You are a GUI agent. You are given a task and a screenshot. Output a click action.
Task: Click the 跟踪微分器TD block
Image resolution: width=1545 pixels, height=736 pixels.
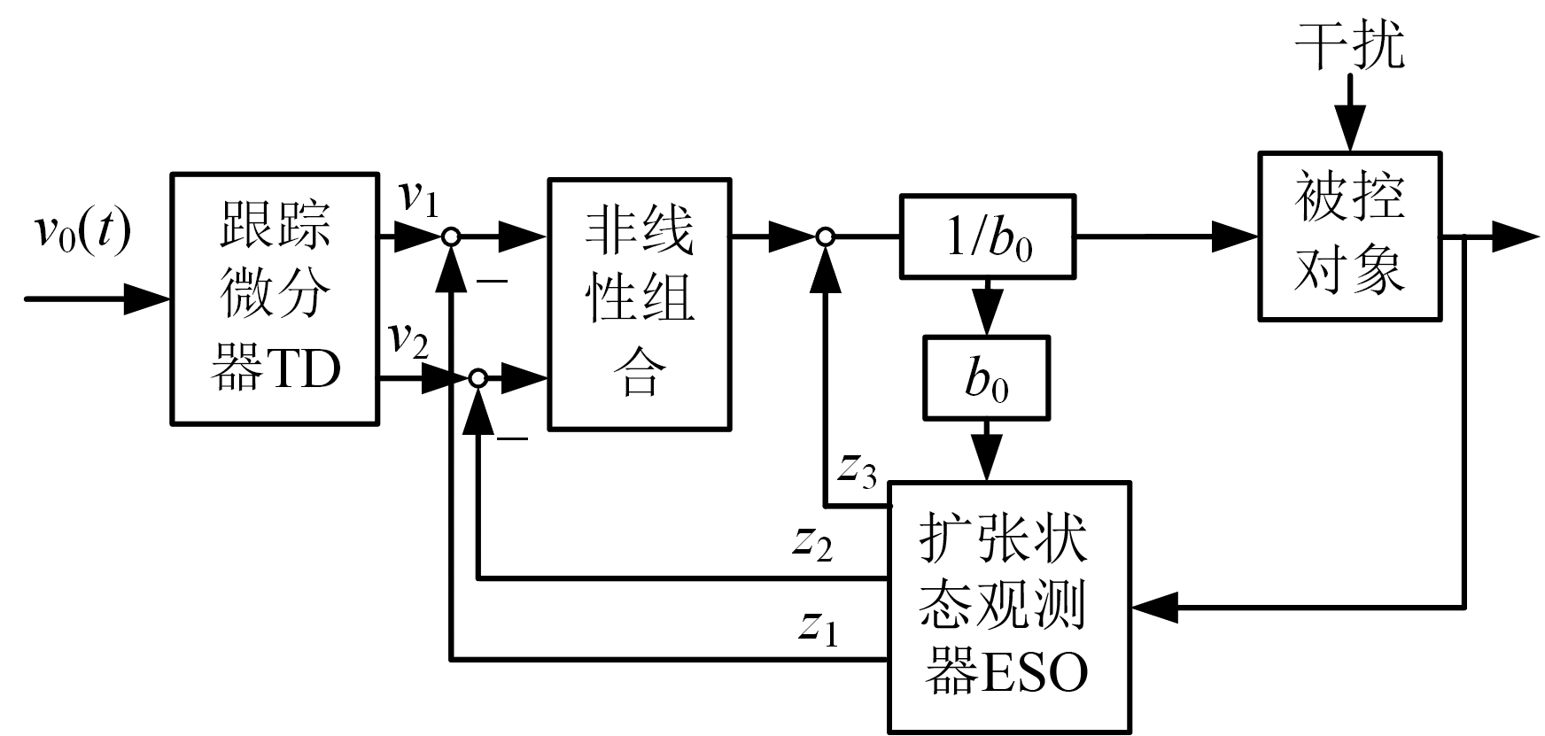click(x=275, y=299)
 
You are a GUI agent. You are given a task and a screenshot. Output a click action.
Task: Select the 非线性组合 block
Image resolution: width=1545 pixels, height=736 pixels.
click(x=640, y=305)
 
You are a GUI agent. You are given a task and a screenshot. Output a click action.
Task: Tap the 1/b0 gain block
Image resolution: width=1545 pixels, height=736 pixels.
click(x=988, y=237)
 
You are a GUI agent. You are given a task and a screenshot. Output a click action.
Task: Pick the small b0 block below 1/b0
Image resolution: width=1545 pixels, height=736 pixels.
click(x=986, y=377)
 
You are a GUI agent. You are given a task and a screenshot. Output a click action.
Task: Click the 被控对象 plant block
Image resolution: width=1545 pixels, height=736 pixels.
click(x=1349, y=236)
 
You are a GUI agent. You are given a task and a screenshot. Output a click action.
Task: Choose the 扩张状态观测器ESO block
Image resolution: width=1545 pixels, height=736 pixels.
click(x=1009, y=607)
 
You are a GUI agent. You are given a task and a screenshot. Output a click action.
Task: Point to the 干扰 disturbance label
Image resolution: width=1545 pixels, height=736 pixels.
click(x=1349, y=44)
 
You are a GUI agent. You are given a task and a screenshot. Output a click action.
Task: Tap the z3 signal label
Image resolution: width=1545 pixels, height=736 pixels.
click(x=858, y=471)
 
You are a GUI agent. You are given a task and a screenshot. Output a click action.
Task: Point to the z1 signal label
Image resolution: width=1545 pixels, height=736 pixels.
click(x=817, y=628)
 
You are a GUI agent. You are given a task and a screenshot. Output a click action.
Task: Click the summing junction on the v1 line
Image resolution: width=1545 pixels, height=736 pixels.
click(x=451, y=236)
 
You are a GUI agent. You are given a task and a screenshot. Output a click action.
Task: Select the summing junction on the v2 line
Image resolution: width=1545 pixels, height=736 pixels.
click(x=477, y=379)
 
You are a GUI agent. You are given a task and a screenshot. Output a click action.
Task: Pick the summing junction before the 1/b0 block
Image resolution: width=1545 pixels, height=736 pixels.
click(x=825, y=236)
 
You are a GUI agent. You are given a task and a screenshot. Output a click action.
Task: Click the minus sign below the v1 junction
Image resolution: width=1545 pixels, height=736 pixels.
click(x=493, y=281)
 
